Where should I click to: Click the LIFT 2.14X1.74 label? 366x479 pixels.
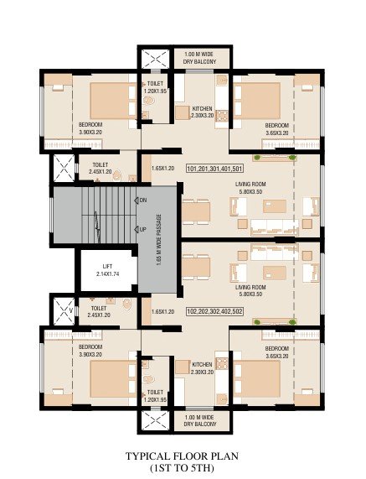(107, 270)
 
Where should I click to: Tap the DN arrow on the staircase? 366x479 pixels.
(137, 200)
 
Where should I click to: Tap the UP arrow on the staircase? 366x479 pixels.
(137, 229)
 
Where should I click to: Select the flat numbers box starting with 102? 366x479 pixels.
(214, 311)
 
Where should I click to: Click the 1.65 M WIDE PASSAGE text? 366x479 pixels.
(158, 240)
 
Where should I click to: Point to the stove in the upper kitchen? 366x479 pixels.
(222, 116)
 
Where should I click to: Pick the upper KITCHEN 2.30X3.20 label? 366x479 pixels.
(202, 112)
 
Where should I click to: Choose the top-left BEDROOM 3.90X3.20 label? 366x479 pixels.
(90, 128)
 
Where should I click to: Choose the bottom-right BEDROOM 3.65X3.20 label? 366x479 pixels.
(276, 352)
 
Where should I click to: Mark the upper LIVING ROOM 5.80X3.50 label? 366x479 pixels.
(250, 188)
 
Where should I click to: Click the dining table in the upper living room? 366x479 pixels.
(196, 212)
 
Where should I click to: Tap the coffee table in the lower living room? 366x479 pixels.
(275, 273)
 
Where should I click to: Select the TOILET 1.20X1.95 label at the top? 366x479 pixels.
(155, 87)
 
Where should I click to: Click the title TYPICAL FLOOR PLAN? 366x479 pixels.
(182, 456)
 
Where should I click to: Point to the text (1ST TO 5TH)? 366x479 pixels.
(182, 468)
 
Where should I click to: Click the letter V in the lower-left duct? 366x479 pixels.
(70, 310)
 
